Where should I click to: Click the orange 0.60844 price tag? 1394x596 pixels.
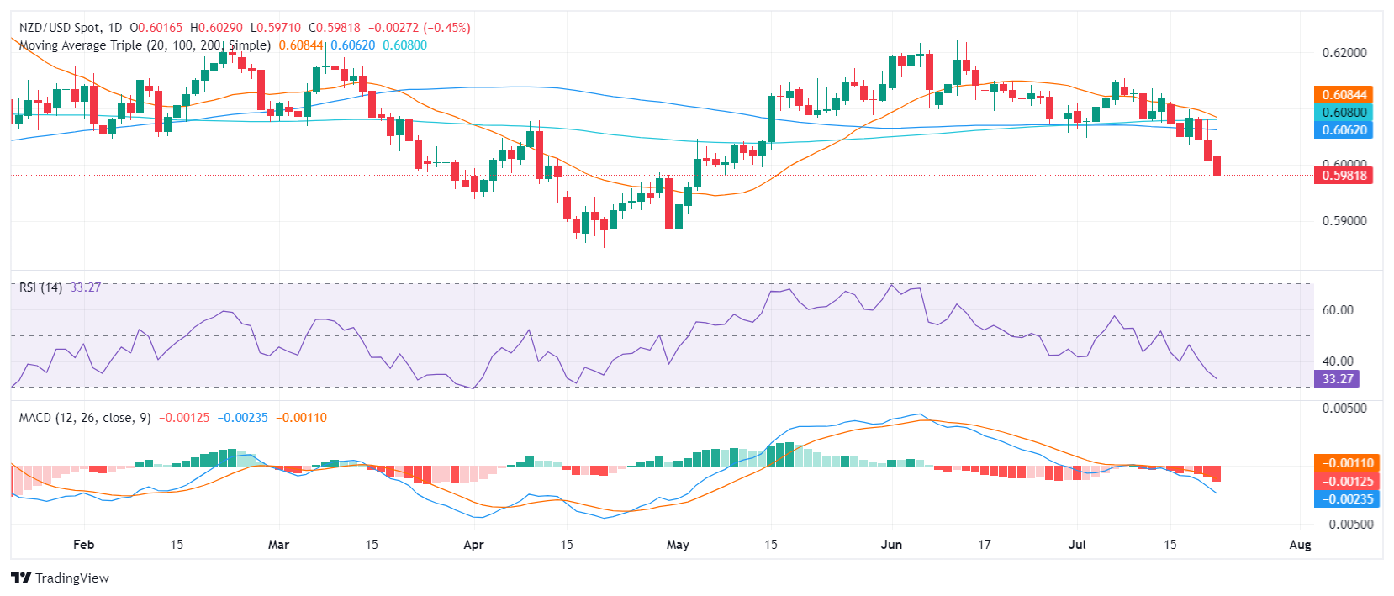[1344, 94]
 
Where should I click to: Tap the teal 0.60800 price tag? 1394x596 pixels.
[1344, 112]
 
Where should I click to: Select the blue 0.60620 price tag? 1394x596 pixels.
[1344, 129]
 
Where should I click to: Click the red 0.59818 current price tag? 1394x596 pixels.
[1344, 175]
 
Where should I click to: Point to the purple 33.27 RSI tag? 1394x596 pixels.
[1337, 378]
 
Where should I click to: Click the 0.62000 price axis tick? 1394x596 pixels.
[1344, 52]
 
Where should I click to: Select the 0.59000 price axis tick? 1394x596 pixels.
[1344, 221]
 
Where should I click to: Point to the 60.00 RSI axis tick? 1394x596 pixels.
[1338, 309]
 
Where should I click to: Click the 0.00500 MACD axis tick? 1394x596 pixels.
[1344, 408]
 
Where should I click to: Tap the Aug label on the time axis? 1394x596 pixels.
[1300, 544]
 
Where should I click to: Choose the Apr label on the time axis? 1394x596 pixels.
[473, 544]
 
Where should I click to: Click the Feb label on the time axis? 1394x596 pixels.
[83, 544]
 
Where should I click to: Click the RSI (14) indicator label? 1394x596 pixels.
[40, 287]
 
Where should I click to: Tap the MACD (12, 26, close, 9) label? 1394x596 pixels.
[85, 418]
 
